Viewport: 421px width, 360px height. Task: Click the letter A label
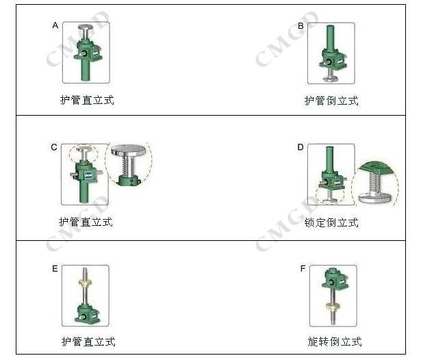point(55,25)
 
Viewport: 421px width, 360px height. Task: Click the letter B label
point(301,26)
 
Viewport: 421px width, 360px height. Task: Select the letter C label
point(54,147)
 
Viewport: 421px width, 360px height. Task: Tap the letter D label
point(301,147)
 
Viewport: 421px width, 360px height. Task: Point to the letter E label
point(55,269)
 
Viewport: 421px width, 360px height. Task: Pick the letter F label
point(303,268)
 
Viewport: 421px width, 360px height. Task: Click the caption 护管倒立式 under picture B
point(331,101)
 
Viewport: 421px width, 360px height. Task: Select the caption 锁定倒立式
point(331,222)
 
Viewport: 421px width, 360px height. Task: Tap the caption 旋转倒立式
point(335,342)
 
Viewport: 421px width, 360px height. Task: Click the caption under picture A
point(87,100)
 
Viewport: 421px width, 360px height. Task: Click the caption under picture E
point(88,342)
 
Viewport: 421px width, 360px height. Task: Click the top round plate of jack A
point(86,27)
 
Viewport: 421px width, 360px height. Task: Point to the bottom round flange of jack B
point(330,79)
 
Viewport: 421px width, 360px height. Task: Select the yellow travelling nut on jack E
point(85,283)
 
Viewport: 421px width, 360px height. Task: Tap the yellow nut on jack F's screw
point(333,305)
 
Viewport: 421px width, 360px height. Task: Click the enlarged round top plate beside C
point(128,150)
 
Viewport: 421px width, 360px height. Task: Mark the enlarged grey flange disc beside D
point(375,197)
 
